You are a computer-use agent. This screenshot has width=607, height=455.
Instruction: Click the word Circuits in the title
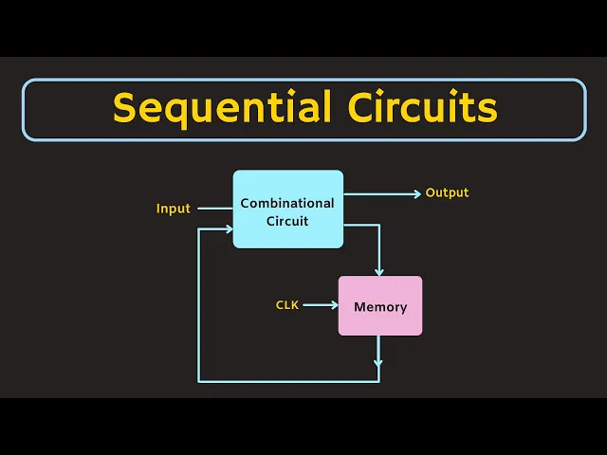[415, 109]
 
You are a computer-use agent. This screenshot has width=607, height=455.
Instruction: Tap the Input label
[174, 209]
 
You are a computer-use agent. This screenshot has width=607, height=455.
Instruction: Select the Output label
[447, 192]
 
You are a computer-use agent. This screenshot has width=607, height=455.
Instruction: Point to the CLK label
[287, 305]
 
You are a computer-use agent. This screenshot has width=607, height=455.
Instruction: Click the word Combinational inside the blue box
[287, 203]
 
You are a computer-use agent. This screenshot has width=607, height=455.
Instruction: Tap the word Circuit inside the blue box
[287, 221]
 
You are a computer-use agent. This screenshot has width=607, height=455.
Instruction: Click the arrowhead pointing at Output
[416, 193]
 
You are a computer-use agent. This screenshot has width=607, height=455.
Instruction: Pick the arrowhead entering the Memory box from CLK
[334, 305]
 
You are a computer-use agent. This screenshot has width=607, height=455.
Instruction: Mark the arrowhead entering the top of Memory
[379, 271]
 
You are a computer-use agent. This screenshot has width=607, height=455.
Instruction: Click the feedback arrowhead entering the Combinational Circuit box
[229, 228]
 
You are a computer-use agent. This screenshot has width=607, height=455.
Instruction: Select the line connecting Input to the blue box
[214, 209]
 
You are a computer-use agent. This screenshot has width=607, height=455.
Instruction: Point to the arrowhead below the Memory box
[379, 361]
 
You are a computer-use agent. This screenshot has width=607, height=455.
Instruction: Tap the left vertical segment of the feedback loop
[198, 303]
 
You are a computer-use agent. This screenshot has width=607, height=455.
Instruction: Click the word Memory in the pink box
[380, 307]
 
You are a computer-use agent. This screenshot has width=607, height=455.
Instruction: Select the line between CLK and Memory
[318, 305]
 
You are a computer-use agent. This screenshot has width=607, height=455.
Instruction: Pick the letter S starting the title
[124, 109]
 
